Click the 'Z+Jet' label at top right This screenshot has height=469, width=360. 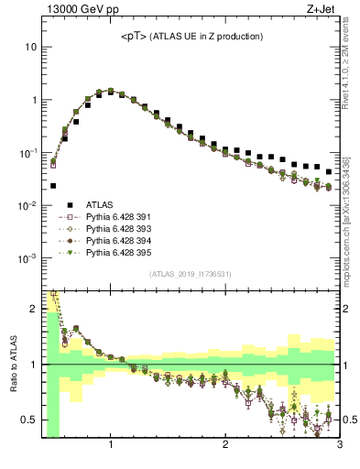point(324,10)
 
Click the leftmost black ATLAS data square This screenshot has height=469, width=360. point(53,186)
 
